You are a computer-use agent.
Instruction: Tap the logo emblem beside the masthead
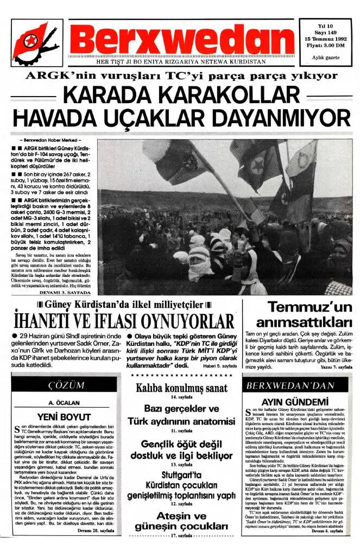(36, 42)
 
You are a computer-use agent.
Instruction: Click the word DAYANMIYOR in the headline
(280, 118)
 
